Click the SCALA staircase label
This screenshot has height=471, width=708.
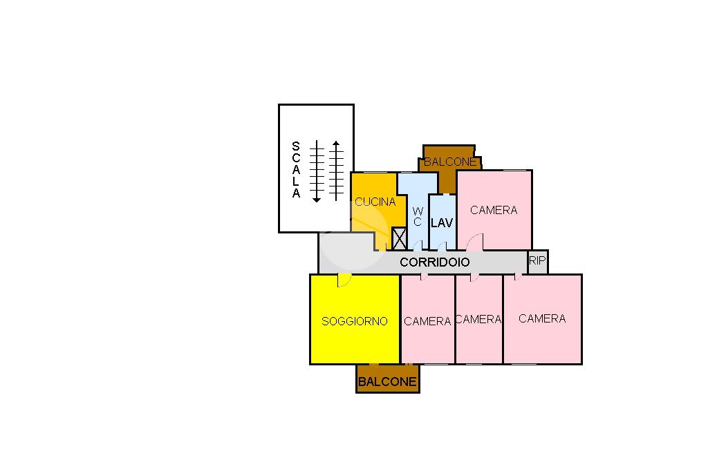click(296, 170)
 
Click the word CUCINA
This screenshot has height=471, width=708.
click(375, 202)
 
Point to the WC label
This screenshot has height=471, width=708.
click(417, 216)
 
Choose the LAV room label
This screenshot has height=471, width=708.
click(441, 223)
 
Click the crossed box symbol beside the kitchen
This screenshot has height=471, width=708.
click(399, 238)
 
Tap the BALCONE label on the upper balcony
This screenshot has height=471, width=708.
click(450, 162)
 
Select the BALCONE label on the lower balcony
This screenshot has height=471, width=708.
click(387, 381)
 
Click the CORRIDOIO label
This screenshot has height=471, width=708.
click(435, 262)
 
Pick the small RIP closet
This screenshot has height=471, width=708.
click(537, 261)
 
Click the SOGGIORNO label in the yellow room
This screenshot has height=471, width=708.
click(355, 321)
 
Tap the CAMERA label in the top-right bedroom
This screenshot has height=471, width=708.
click(494, 210)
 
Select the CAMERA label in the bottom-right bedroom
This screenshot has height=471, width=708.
click(542, 318)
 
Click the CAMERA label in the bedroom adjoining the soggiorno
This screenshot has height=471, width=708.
click(427, 321)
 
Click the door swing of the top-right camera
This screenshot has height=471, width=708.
click(476, 242)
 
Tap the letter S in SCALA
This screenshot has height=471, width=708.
click(296, 146)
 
